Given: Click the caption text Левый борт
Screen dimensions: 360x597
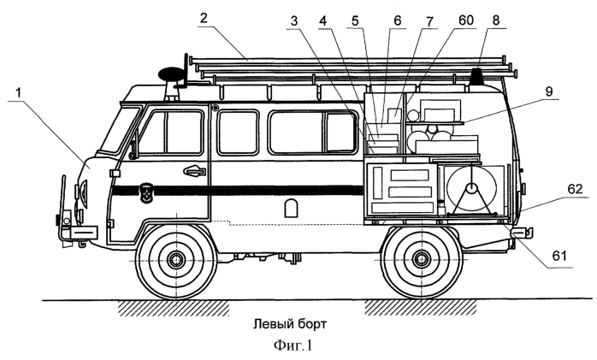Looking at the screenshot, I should point(290,324).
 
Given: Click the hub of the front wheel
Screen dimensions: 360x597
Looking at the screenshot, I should point(176,259).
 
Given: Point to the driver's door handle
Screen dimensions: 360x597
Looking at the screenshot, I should point(195,170).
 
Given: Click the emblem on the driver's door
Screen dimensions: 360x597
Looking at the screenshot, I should point(146,190).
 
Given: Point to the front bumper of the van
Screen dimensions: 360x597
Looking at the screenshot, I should point(75,232).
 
